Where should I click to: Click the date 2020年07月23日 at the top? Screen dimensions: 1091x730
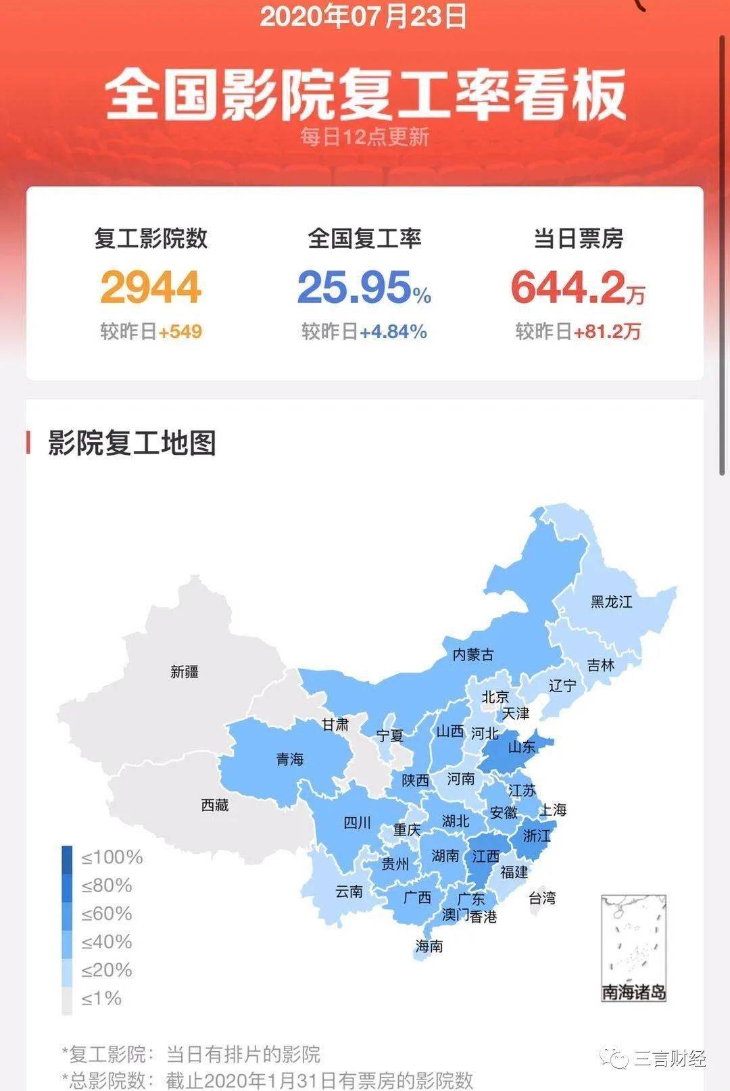coord(364,16)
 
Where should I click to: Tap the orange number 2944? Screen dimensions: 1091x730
coord(151,287)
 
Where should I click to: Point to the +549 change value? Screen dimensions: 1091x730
coord(180,332)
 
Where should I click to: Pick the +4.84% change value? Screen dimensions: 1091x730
coord(393,332)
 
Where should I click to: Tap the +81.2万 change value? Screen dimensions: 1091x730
coord(607,332)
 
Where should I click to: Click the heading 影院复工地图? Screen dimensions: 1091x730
coord(132,443)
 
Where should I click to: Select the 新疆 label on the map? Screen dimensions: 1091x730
coord(185,672)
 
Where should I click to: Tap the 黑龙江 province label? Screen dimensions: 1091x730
coord(612,602)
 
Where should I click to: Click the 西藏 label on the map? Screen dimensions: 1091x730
coord(215,805)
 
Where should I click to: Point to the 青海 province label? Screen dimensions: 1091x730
coord(290,759)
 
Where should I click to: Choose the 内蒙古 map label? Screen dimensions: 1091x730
coord(473,654)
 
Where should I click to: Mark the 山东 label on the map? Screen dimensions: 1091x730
coord(522,747)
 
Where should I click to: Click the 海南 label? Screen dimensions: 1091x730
coord(429,946)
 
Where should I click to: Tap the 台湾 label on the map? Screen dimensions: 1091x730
coord(542,898)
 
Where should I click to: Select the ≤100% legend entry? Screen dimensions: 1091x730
coord(112,858)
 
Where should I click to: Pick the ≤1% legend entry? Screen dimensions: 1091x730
coord(101,998)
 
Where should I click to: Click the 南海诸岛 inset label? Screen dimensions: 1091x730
coord(634,992)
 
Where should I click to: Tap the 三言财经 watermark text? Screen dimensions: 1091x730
coord(669,1058)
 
